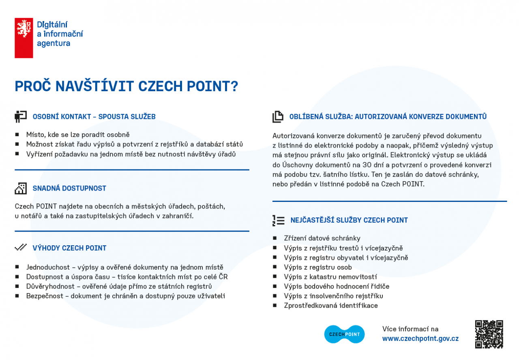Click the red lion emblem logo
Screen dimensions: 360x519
(x=24, y=38)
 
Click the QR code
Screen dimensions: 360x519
(x=489, y=334)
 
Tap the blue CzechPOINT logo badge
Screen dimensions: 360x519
(x=344, y=334)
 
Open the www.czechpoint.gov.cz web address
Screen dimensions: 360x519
(x=420, y=339)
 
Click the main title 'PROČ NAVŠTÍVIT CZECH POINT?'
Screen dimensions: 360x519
(x=126, y=86)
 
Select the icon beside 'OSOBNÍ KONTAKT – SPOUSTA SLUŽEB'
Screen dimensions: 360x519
(x=21, y=117)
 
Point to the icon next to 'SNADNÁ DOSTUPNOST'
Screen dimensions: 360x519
(x=21, y=188)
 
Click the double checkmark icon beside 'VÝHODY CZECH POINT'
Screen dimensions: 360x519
(x=21, y=247)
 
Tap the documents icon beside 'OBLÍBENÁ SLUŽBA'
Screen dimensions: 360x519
(x=278, y=117)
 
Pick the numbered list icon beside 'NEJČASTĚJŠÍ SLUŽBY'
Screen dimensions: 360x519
(x=278, y=220)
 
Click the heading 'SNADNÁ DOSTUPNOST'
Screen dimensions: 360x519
(x=69, y=189)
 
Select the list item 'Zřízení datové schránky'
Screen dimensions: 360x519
(x=322, y=238)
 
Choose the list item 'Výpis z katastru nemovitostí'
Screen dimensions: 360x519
(x=330, y=277)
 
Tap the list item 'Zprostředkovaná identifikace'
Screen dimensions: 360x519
(x=330, y=306)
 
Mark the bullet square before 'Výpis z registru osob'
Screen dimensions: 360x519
(x=275, y=268)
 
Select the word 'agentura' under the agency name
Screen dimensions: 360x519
(x=54, y=43)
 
